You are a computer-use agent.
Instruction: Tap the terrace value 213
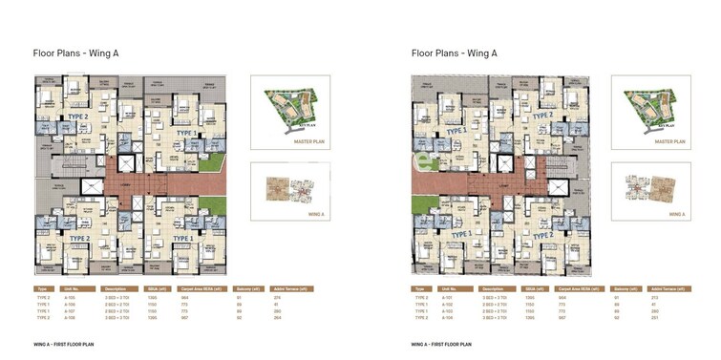coord(667,298)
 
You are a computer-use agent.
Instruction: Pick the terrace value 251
coord(667,318)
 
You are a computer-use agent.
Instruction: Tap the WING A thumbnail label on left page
coord(296,217)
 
